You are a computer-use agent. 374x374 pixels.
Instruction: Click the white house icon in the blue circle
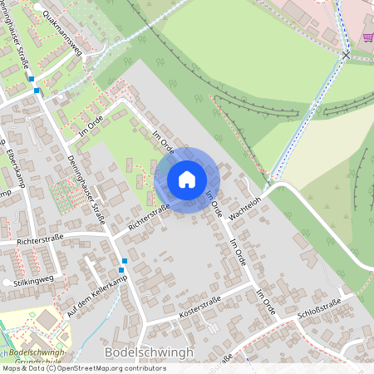tap(187, 179)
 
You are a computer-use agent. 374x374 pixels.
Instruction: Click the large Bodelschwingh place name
tap(150, 352)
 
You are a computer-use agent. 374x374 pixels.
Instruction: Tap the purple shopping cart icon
tap(367, 37)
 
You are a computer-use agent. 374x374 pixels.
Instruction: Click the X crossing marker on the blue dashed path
tap(346, 54)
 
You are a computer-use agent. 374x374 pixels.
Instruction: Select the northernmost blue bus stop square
tap(31, 79)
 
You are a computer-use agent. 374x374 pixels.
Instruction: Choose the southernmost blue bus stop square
tap(122, 268)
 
